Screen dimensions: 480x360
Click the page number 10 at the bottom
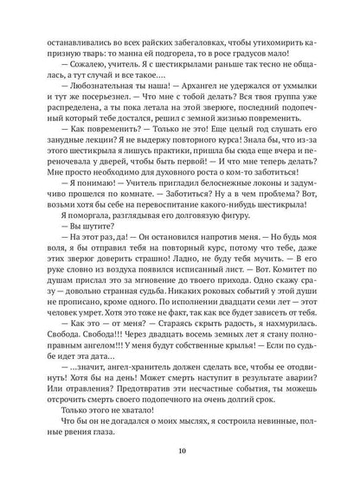coord(179,449)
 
